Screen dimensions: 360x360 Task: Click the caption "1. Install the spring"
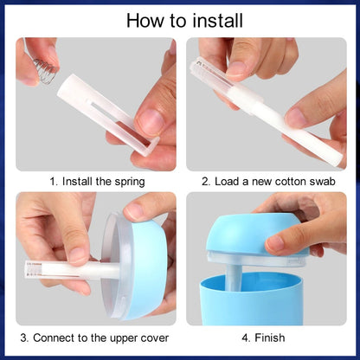coord(96,182)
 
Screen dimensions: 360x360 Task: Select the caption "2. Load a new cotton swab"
coord(267,182)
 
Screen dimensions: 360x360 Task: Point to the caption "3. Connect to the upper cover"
coord(96,337)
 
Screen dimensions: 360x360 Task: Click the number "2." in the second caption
coord(206,182)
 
